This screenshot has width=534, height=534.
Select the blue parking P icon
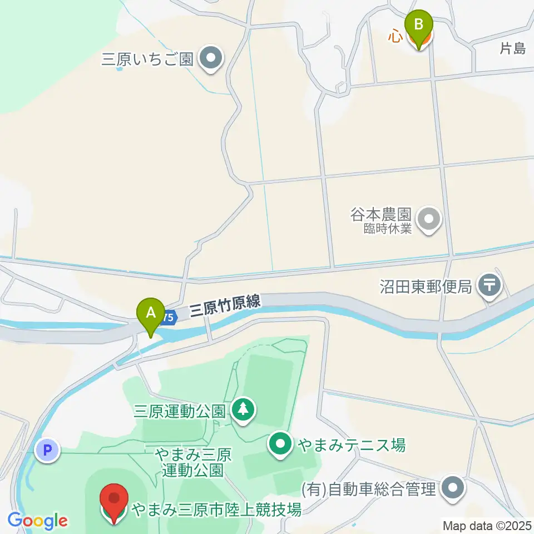[x=47, y=450]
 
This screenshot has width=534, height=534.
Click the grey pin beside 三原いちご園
[x=211, y=58]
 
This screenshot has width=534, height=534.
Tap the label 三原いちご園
[x=147, y=59]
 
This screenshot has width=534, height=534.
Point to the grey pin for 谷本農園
[x=428, y=219]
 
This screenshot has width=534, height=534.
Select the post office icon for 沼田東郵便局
[x=490, y=286]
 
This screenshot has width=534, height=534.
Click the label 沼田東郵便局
[x=426, y=287]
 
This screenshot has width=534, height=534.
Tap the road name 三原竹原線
[x=225, y=306]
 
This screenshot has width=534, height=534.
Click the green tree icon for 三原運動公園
[x=243, y=411]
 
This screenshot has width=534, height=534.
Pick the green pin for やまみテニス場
[x=281, y=444]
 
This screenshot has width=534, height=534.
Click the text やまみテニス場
[x=351, y=445]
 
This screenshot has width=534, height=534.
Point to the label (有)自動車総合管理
[x=368, y=490]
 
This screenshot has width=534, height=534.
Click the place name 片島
[x=512, y=49]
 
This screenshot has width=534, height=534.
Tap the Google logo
[x=38, y=521]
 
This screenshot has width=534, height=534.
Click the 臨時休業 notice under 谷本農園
[x=388, y=228]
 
